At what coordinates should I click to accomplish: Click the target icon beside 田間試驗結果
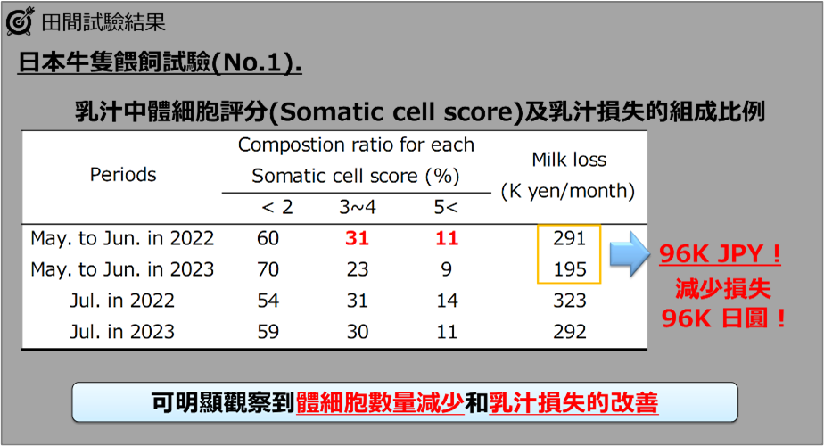point(20,21)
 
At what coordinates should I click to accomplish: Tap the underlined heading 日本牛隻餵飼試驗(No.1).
point(160,62)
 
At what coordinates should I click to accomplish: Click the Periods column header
point(123,175)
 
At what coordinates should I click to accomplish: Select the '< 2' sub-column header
point(277,207)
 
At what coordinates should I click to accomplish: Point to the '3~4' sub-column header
point(358,207)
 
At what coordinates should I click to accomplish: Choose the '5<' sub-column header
point(446,207)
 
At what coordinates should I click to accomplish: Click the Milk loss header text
point(569,160)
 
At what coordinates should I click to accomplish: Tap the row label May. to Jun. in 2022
point(122,238)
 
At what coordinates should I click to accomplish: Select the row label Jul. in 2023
point(122,332)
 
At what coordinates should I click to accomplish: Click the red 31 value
point(358,238)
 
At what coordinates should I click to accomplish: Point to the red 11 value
point(447,238)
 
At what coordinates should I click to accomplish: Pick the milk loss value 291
point(570,238)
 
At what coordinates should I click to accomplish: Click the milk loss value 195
point(570,269)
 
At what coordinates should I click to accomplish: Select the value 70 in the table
point(268,269)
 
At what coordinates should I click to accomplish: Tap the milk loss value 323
point(570,301)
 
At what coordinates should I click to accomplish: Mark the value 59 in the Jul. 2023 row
point(268,332)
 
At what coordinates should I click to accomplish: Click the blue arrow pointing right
point(630,254)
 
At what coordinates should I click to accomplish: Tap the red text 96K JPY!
point(720,254)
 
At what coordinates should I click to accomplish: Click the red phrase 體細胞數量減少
point(380,403)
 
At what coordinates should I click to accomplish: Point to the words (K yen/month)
point(568,191)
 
